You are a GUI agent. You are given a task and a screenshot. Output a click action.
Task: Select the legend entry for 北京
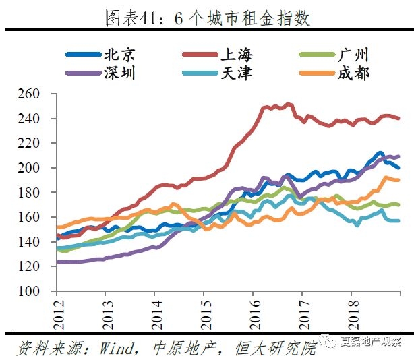point(102,55)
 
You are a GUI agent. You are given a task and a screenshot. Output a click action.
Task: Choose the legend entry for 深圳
point(102,73)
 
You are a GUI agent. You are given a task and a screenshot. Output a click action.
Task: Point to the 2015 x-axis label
point(203,311)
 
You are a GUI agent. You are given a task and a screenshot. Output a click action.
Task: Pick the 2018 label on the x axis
point(351,311)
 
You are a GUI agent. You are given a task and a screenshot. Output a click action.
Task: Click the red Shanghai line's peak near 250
point(289,104)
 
